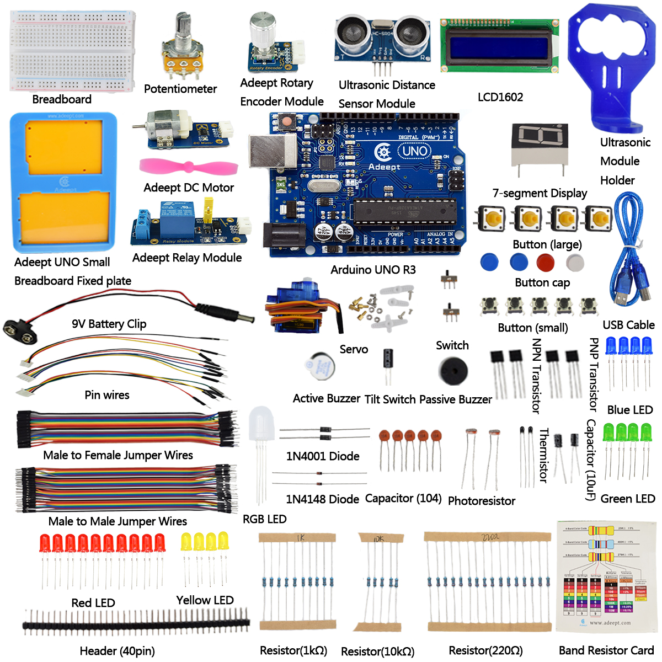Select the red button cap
pyautogui.click(x=546, y=261)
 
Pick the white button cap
pyautogui.click(x=575, y=261)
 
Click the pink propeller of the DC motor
pyautogui.click(x=189, y=166)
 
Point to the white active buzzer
pyautogui.click(x=319, y=366)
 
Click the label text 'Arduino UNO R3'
pyautogui.click(x=373, y=270)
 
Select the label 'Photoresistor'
pyautogui.click(x=482, y=501)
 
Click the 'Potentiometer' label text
pyautogui.click(x=180, y=89)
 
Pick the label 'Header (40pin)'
pyautogui.click(x=117, y=651)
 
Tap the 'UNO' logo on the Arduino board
pyautogui.click(x=414, y=151)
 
